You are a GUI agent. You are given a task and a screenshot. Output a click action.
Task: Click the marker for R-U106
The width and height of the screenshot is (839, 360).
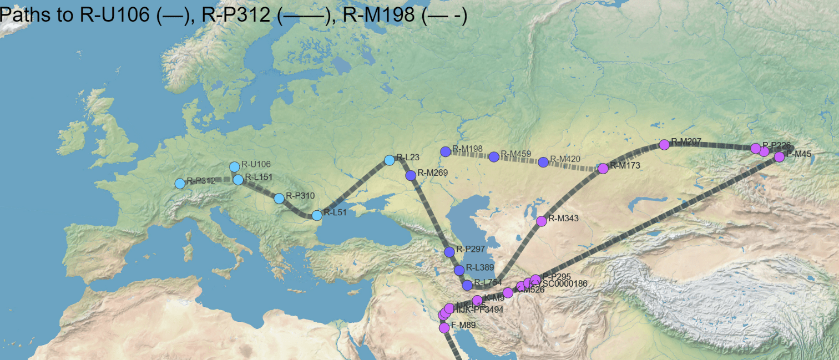click(x=235, y=166)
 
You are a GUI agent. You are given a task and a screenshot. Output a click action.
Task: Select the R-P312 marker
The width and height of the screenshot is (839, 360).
click(x=180, y=184)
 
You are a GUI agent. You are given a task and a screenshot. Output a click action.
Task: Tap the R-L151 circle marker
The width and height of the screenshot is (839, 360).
click(x=238, y=180)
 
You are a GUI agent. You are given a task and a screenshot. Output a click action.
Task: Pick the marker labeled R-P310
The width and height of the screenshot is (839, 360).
click(x=279, y=198)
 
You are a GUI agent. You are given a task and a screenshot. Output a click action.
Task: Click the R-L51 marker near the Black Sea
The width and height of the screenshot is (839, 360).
click(x=317, y=215)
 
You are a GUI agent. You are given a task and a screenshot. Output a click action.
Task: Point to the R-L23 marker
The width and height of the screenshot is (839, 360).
click(x=390, y=160)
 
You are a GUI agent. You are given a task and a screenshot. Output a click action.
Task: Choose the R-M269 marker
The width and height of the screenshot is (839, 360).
click(x=411, y=175)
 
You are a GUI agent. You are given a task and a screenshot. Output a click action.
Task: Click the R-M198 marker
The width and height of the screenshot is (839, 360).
click(x=445, y=151)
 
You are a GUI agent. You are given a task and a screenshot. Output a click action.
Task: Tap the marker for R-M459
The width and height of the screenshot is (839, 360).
click(x=494, y=156)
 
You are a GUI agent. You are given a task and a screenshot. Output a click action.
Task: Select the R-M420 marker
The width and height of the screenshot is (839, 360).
click(x=543, y=162)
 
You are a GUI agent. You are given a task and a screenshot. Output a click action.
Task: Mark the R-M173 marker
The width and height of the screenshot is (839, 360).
click(x=603, y=168)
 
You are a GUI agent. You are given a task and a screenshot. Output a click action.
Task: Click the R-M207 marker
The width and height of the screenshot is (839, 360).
click(x=664, y=145)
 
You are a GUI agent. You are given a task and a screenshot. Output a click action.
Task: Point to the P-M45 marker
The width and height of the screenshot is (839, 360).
click(x=779, y=156)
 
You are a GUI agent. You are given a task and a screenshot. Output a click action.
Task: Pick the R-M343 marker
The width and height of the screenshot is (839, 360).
click(x=541, y=221)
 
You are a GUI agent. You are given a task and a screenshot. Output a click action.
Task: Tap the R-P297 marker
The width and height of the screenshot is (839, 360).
click(x=449, y=252)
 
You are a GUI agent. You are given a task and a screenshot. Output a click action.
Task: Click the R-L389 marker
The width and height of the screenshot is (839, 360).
click(x=459, y=270)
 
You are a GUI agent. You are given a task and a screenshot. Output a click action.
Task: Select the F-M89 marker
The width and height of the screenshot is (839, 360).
click(x=444, y=328)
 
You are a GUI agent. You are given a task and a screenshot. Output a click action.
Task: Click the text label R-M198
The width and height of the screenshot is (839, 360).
click(x=468, y=149)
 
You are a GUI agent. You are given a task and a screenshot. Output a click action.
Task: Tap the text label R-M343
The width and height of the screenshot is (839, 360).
click(x=564, y=219)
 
